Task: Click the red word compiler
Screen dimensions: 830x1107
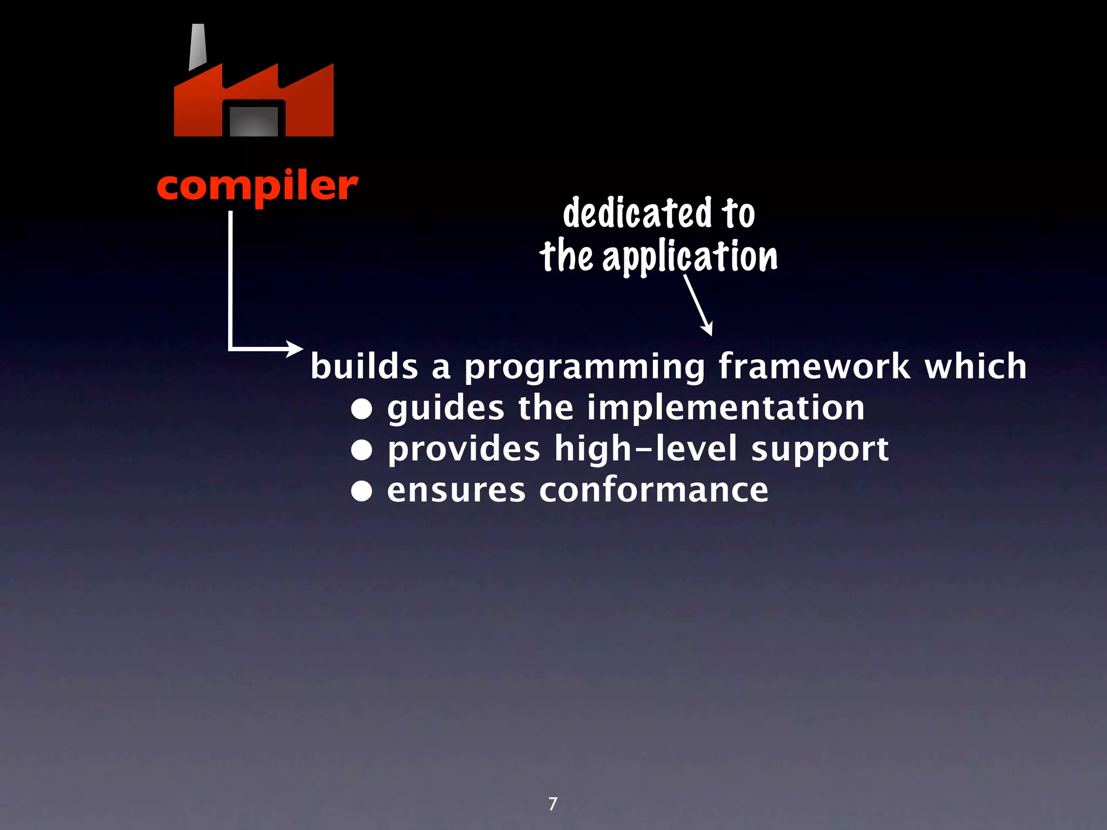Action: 257,186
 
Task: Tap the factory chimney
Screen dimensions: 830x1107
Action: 197,48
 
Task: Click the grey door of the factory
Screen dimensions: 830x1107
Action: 254,121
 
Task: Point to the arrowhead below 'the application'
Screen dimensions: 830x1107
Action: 707,329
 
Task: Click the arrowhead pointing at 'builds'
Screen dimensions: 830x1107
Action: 296,349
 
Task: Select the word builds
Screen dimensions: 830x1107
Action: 364,367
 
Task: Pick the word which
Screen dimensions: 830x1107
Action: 976,367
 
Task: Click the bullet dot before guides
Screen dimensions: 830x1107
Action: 362,409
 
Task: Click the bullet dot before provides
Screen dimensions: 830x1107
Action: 362,450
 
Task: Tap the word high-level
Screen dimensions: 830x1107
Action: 646,450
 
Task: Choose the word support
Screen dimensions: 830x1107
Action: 819,451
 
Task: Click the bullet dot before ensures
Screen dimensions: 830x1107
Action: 362,491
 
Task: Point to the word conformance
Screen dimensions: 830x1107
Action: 653,491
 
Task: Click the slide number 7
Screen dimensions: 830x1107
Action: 552,804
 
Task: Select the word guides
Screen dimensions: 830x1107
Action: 445,409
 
